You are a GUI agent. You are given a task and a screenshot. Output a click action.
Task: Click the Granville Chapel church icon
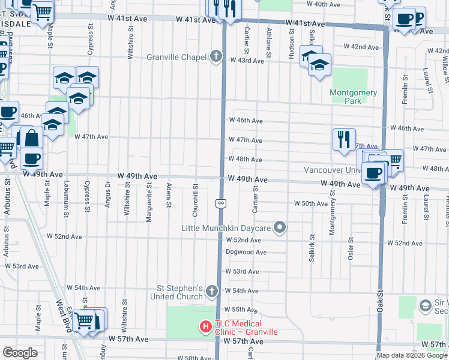click(x=216, y=58)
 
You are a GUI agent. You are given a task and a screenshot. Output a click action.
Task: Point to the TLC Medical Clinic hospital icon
click(x=205, y=327)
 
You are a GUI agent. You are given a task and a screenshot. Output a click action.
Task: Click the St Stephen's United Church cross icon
click(x=211, y=292)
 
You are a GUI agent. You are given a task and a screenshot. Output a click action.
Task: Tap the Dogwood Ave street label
click(x=246, y=253)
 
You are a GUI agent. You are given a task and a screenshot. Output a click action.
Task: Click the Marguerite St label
click(x=148, y=203)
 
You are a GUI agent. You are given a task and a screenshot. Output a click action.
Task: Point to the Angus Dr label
click(x=107, y=193)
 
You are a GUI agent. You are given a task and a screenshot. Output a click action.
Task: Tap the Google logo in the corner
click(x=20, y=352)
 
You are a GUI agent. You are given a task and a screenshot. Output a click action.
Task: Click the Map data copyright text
click(x=412, y=356)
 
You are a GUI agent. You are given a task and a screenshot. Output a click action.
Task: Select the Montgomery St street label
click(x=332, y=218)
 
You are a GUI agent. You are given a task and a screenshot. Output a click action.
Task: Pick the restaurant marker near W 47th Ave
click(x=344, y=139)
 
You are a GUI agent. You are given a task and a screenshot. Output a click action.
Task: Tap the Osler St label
click(x=351, y=248)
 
